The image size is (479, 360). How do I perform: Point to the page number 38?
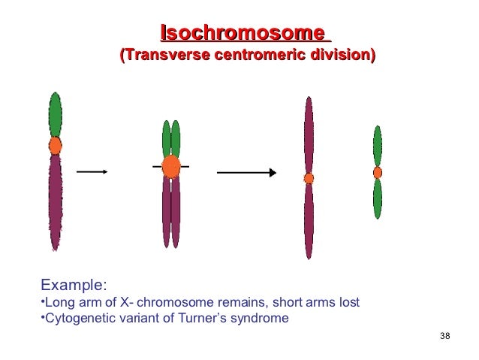(444, 334)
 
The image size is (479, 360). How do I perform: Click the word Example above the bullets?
(73, 285)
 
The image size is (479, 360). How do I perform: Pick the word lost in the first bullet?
(348, 302)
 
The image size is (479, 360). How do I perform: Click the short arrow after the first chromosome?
(92, 171)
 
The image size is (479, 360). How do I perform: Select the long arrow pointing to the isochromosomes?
(246, 172)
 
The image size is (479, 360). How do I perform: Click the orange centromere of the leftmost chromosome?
(55, 145)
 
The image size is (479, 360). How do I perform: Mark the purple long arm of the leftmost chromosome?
(55, 199)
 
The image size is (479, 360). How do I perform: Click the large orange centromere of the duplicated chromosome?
(171, 165)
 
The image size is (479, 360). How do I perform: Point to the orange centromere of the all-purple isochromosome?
(309, 178)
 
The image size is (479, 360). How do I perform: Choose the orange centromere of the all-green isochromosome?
(378, 172)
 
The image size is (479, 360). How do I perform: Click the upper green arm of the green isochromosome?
(378, 146)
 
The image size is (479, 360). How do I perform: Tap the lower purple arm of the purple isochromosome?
(309, 220)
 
